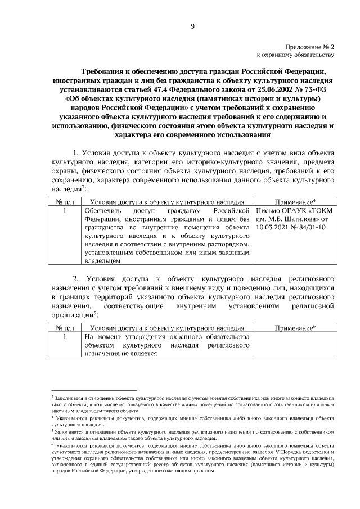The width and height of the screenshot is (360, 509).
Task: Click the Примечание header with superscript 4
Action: [295, 201]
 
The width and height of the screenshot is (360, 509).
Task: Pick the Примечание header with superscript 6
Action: [295, 328]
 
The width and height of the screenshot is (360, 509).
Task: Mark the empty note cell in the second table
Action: [294, 345]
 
